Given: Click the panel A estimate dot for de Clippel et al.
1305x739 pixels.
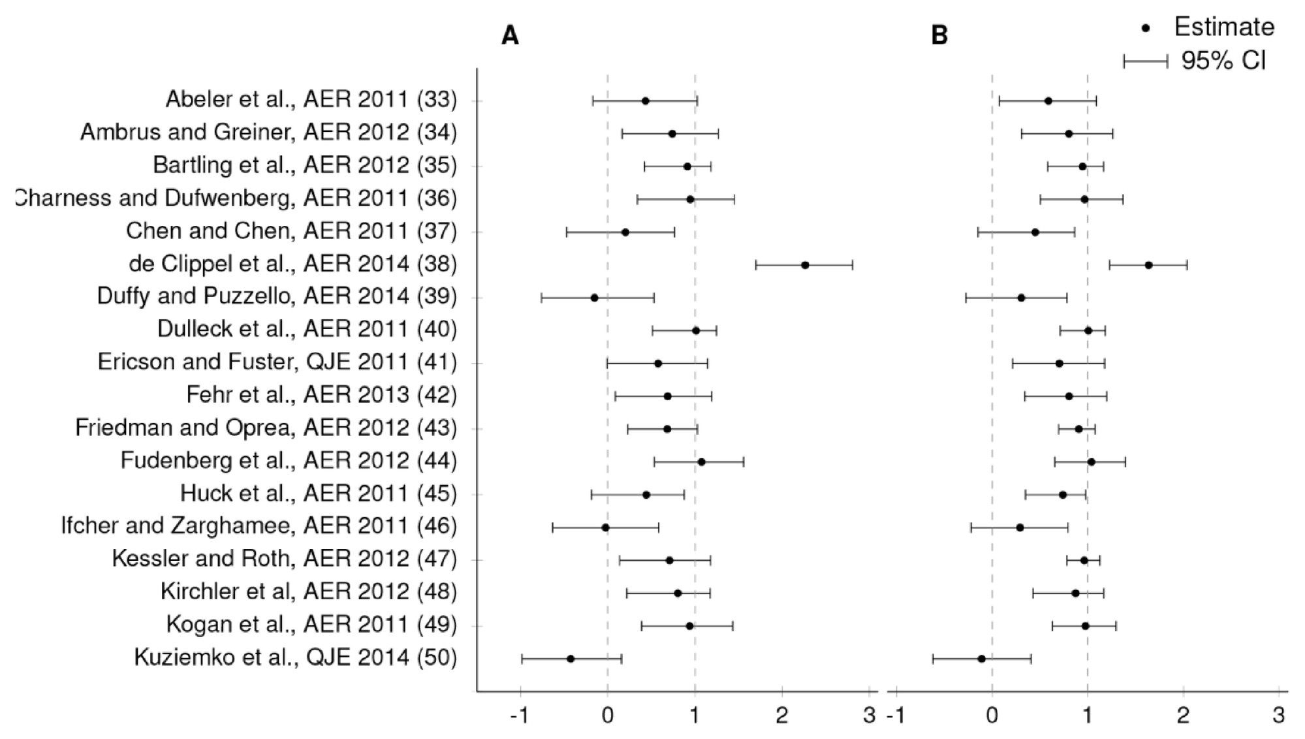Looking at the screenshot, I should [805, 265].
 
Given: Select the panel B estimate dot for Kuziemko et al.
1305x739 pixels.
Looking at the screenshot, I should [981, 659].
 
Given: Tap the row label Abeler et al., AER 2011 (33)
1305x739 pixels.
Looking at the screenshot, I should [311, 99].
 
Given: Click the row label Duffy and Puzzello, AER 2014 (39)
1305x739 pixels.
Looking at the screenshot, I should [277, 296].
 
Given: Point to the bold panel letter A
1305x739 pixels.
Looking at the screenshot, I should [510, 35].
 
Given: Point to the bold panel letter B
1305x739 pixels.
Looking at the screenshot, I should [939, 35].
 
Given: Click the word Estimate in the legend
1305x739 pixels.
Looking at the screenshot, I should [1224, 27].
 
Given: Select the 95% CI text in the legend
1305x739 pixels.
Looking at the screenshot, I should [1223, 61].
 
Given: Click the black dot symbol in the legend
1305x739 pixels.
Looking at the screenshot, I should [1146, 28].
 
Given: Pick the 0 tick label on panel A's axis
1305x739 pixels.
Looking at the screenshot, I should [607, 715].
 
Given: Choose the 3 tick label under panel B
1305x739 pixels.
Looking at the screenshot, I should [1279, 715].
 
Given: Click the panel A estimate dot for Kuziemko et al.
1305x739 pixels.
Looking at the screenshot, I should [571, 659].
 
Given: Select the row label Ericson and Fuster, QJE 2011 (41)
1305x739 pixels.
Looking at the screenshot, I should [277, 362].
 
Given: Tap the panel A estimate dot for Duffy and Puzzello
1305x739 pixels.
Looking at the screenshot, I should [594, 298].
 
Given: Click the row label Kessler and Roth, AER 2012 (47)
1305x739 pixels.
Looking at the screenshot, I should [284, 559].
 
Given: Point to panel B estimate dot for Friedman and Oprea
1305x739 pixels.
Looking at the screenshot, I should [1078, 429].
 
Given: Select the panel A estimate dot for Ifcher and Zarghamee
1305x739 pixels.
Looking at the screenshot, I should [605, 527].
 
